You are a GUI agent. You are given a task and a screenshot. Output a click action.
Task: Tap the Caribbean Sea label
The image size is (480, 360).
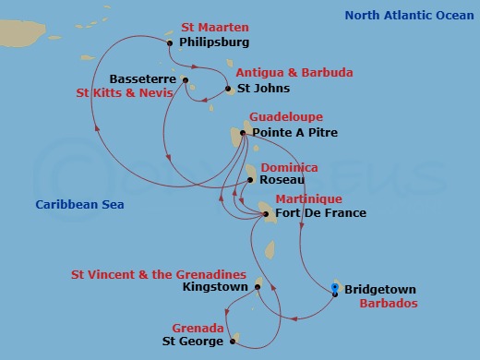[x=79, y=204]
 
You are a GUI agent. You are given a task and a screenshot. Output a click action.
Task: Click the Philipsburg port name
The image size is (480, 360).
[x=215, y=42]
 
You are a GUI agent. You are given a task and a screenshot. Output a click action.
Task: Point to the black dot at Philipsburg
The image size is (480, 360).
[x=171, y=42]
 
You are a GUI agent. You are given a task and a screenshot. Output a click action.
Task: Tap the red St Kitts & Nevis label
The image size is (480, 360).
[x=126, y=93]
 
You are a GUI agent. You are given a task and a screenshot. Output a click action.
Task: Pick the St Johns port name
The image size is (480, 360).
[x=263, y=89]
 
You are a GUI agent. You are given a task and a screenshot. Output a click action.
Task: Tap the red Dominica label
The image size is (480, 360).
[x=290, y=167]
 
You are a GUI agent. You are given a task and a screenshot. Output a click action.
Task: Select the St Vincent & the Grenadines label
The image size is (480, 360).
[x=158, y=274]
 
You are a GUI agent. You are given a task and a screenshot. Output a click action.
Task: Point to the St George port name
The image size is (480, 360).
[x=192, y=342]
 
